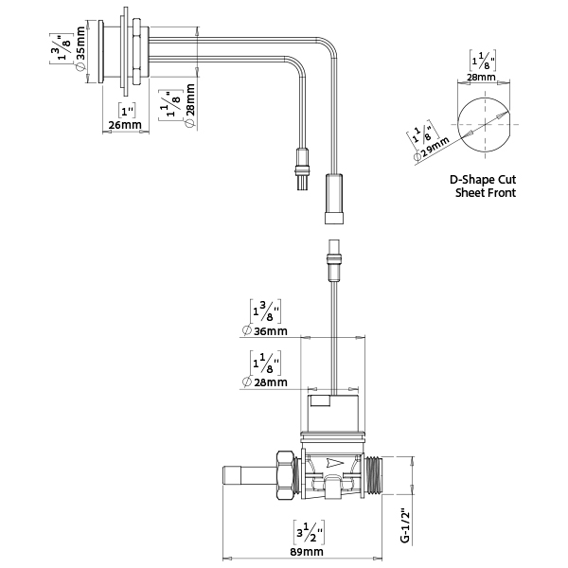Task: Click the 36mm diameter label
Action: coord(267,331)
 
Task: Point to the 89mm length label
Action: coord(307,551)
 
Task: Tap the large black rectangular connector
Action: coord(334,196)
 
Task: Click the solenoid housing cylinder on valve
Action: coord(333,412)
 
